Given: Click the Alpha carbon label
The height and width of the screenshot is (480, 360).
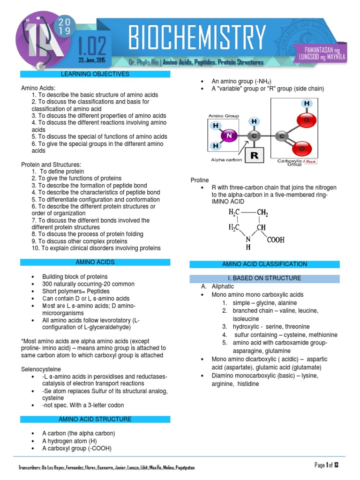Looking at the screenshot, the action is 226,160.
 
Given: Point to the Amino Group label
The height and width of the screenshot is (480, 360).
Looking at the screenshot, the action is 224,115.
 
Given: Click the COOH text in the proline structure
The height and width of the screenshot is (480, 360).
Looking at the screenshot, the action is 276,240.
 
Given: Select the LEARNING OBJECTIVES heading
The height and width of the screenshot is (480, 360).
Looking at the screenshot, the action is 95,74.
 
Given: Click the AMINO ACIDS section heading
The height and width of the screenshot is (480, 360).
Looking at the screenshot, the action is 95,262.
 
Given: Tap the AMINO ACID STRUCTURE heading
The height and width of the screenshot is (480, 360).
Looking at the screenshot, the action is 95,419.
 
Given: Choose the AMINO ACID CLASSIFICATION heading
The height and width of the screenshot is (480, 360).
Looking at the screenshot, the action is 264,264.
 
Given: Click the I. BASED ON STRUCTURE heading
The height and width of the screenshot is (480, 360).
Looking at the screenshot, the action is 264,278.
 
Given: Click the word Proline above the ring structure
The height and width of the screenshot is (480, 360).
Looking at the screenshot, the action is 200,180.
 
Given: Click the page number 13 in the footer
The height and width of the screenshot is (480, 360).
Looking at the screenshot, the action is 336,465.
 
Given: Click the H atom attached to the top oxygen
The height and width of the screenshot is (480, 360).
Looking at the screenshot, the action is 307,103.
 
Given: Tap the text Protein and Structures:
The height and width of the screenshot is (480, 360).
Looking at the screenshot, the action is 51,165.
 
